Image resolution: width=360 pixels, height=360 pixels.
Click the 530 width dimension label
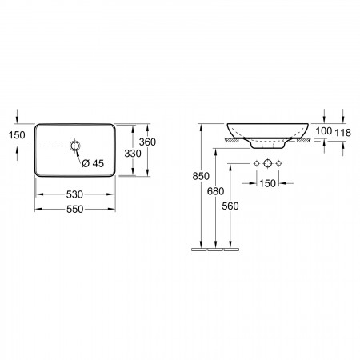pyautogui.click(x=74, y=194)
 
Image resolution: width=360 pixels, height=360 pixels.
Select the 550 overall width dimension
pyautogui.click(x=75, y=209)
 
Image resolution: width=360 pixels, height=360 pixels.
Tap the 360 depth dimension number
pyautogui.click(x=147, y=142)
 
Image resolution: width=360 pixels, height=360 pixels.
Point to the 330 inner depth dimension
pyautogui.click(x=133, y=154)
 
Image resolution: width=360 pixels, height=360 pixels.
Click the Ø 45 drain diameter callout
pyautogui.click(x=93, y=163)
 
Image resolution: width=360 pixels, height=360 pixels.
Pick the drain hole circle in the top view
pyautogui.click(x=75, y=146)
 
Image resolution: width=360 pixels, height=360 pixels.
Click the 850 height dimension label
pyautogui.click(x=201, y=176)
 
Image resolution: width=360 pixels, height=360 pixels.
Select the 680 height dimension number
pyautogui.click(x=215, y=191)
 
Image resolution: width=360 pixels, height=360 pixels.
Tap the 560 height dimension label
pyautogui.click(x=230, y=206)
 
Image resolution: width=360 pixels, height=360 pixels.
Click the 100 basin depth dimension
pyautogui.click(x=324, y=131)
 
